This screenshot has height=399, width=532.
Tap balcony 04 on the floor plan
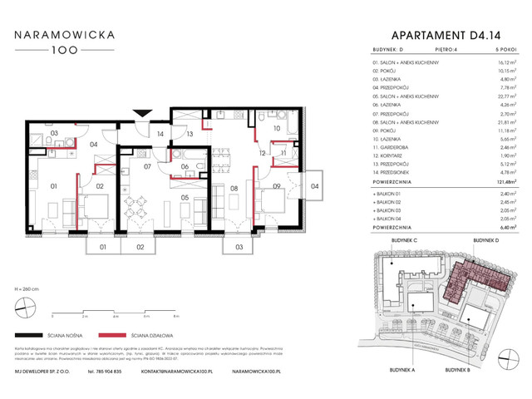314,185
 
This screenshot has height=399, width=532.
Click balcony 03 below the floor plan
238,247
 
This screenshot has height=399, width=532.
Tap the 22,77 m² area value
497,95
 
